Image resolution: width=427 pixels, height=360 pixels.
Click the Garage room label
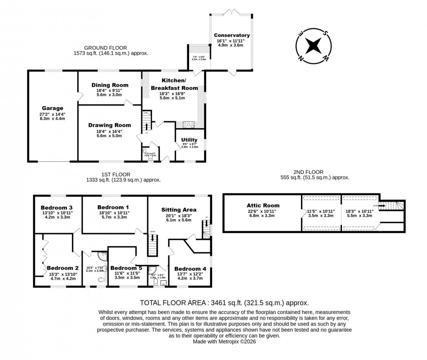52,108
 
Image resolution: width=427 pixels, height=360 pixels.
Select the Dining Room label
110,85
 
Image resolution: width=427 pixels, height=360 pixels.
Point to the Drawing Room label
110,125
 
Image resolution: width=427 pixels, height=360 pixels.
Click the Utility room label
190,140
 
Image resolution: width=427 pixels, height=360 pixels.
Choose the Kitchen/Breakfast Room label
174,85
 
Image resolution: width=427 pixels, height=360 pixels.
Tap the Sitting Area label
179,210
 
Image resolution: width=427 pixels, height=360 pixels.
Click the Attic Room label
262,205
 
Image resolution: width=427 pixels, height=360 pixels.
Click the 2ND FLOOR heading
308,172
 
